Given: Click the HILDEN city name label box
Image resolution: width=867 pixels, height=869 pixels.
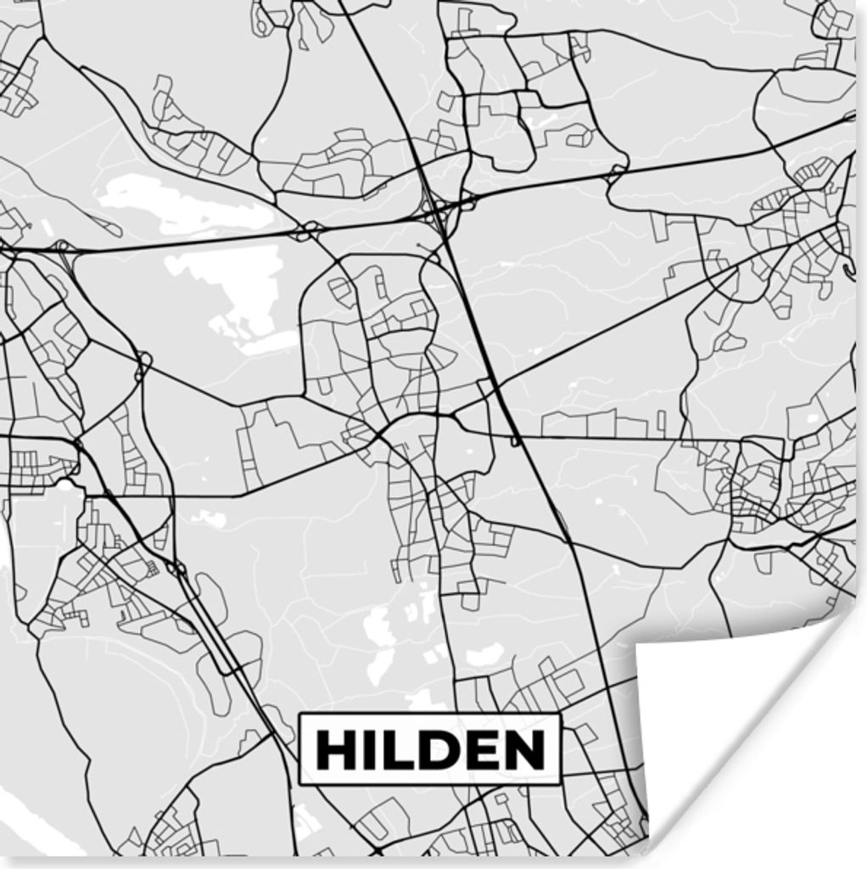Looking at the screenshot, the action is (430, 749).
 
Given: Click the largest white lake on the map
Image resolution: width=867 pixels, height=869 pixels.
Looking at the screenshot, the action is (229, 293).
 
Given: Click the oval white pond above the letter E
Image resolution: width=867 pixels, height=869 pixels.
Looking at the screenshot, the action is (484, 654).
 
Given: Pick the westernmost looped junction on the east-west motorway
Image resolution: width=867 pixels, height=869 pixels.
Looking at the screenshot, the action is (61, 248).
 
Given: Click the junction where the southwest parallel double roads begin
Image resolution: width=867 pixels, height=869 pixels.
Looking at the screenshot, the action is (176, 567).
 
